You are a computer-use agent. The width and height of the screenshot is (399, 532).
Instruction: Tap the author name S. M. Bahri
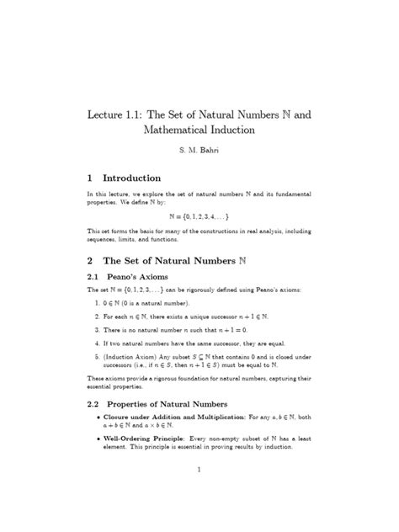tap(200, 154)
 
